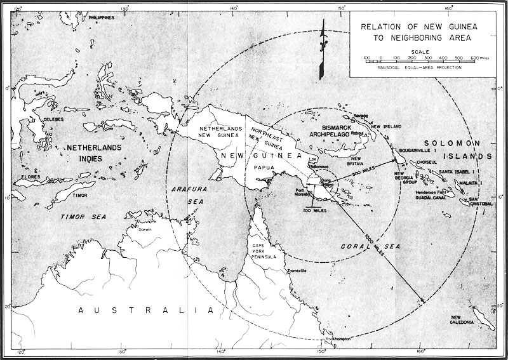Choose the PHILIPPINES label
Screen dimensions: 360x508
(102, 17)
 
